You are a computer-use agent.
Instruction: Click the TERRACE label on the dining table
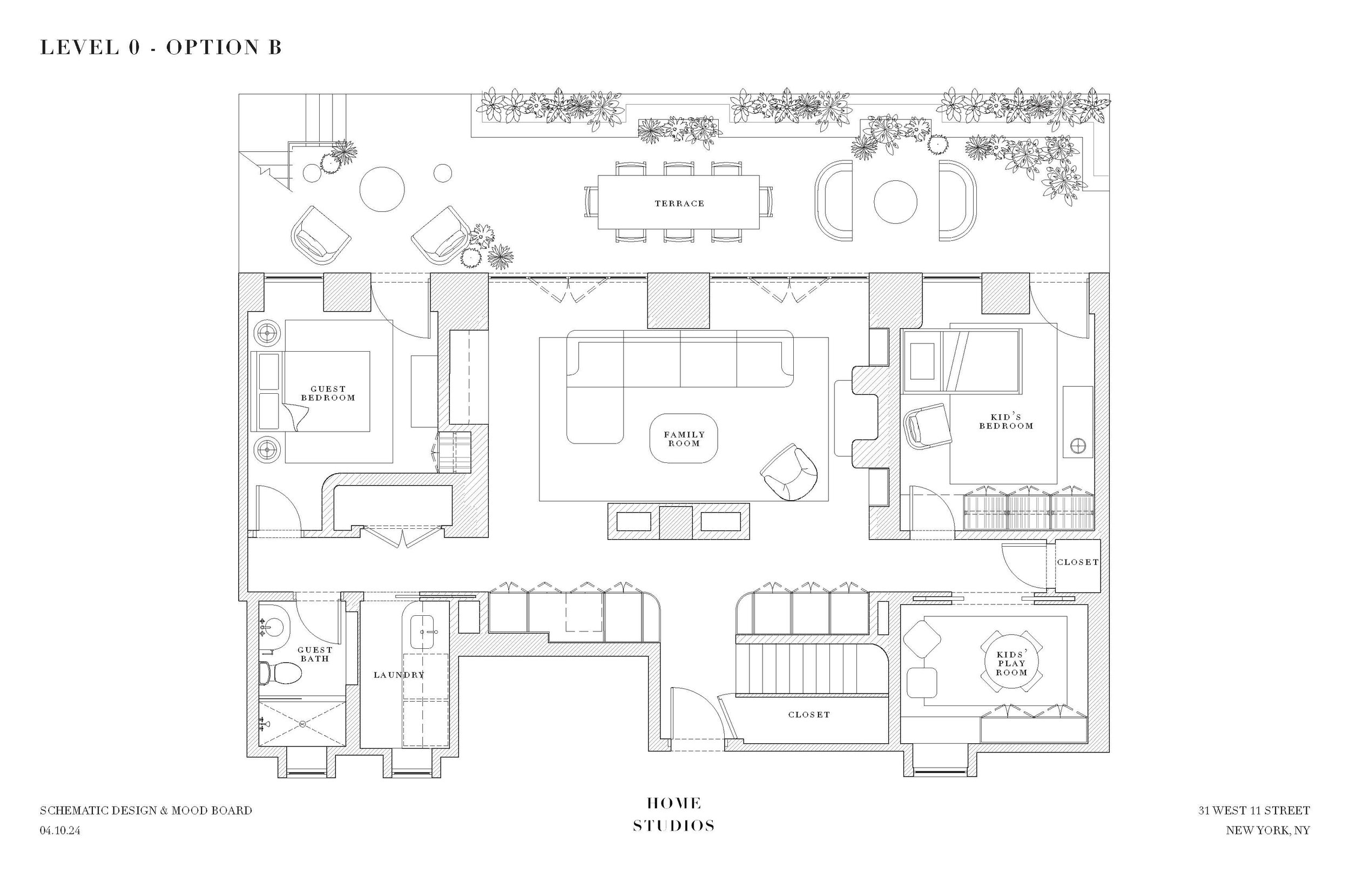coord(679,203)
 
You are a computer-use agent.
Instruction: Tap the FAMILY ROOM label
coord(684,439)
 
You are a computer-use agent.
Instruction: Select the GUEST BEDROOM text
coord(328,393)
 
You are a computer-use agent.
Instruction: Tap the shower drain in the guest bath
coord(302,724)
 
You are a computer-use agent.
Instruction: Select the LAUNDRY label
coord(399,675)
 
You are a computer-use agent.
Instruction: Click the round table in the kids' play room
coord(1011,663)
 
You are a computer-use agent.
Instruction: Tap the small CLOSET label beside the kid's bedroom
coord(1077,562)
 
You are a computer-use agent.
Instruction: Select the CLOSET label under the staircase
coord(809,715)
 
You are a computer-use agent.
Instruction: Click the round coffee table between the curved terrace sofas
coord(895,202)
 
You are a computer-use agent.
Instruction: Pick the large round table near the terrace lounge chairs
coord(382,189)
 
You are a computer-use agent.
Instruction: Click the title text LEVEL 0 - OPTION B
coord(160,47)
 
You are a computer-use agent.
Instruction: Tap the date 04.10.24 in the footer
coord(60,830)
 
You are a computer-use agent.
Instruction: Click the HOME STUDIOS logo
coord(674,815)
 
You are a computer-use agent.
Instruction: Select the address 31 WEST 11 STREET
coord(1253,810)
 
